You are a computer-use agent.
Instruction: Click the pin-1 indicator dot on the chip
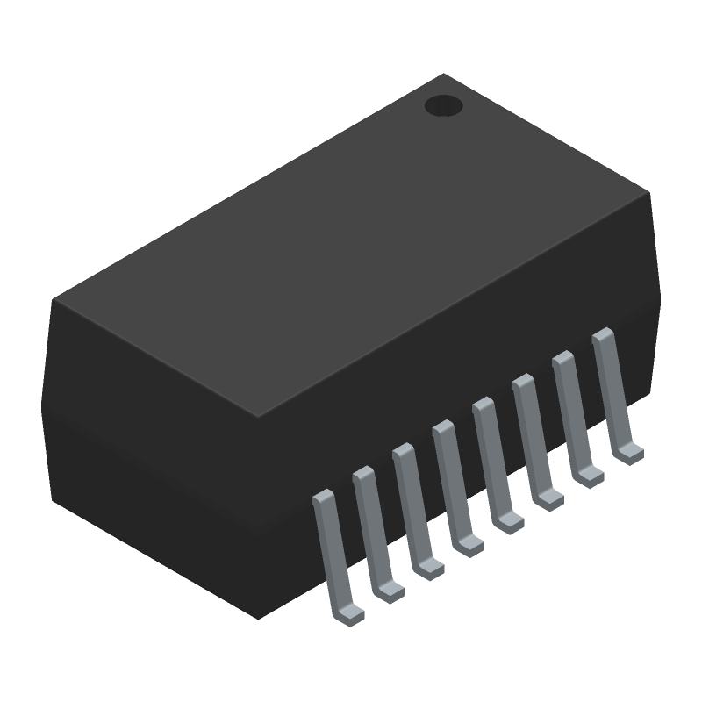click(x=443, y=106)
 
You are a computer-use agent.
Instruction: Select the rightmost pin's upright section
click(x=612, y=390)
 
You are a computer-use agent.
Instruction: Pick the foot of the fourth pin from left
click(x=469, y=546)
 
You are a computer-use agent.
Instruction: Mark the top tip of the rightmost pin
click(x=603, y=333)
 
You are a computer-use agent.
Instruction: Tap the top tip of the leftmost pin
click(x=323, y=495)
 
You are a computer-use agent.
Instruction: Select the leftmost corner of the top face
click(x=54, y=299)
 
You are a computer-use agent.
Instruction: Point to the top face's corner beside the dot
click(x=443, y=75)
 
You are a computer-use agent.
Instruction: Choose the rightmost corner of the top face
click(x=650, y=193)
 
